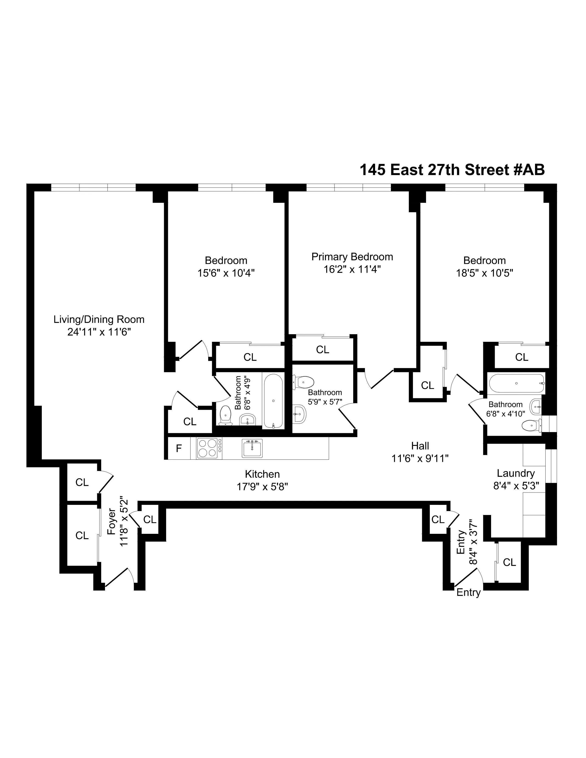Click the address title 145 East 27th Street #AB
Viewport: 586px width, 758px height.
(452, 170)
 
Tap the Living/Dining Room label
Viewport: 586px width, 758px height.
(99, 319)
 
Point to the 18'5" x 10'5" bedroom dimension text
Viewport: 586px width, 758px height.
(484, 273)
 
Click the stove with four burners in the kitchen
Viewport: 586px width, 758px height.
(207, 448)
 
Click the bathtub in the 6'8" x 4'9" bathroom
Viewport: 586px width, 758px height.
(273, 401)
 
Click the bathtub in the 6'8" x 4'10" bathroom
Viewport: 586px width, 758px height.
(516, 383)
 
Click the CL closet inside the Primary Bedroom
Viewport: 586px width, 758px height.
(322, 350)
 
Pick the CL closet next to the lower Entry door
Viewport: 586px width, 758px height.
(509, 562)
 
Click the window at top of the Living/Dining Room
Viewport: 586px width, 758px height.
(93, 187)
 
